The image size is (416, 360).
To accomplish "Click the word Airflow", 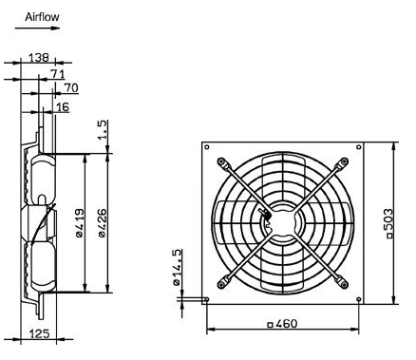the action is point(42,17).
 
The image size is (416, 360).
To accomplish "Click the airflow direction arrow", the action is point(37,28).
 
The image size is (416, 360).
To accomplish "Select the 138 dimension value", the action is point(39,58).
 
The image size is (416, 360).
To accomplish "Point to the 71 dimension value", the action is point(58,74).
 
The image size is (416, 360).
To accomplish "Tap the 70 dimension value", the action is point(71,87).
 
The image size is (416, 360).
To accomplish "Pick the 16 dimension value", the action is point(62,107).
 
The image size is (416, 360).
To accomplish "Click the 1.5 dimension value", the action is point(103,129).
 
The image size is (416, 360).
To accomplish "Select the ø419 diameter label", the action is point(80,223).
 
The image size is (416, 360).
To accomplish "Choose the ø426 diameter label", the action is point(103,223).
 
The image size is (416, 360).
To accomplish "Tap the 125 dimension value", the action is point(40,333).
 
